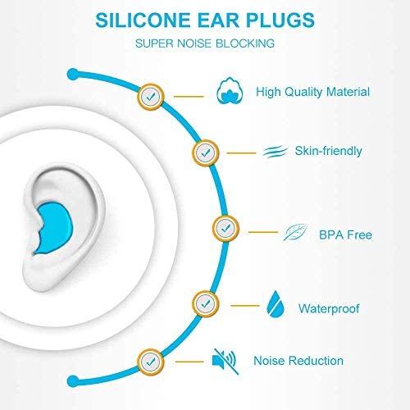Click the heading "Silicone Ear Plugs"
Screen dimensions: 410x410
pyautogui.click(x=205, y=19)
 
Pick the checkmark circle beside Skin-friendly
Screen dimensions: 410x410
pyautogui.click(x=206, y=151)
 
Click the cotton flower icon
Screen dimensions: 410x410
pyautogui.click(x=228, y=92)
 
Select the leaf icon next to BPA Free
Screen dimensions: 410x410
pyautogui.click(x=294, y=235)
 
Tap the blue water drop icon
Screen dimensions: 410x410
pyautogui.click(x=274, y=305)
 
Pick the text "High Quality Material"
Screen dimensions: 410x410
pyautogui.click(x=312, y=93)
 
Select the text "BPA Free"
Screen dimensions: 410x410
pyautogui.click(x=345, y=235)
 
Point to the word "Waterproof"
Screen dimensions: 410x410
pyautogui.click(x=331, y=310)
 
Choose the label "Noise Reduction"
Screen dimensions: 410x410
pyautogui.click(x=298, y=360)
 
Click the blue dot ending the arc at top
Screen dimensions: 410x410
pyautogui.click(x=73, y=75)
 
